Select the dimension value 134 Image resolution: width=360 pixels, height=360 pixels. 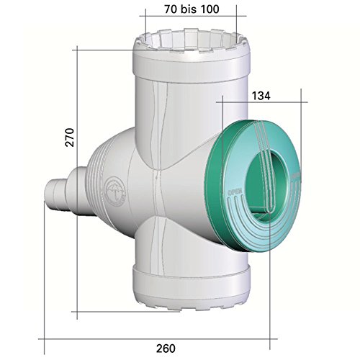coord(261,94)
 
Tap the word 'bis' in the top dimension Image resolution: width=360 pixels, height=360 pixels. coord(192,11)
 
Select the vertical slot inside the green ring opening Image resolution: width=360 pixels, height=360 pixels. coord(268,184)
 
